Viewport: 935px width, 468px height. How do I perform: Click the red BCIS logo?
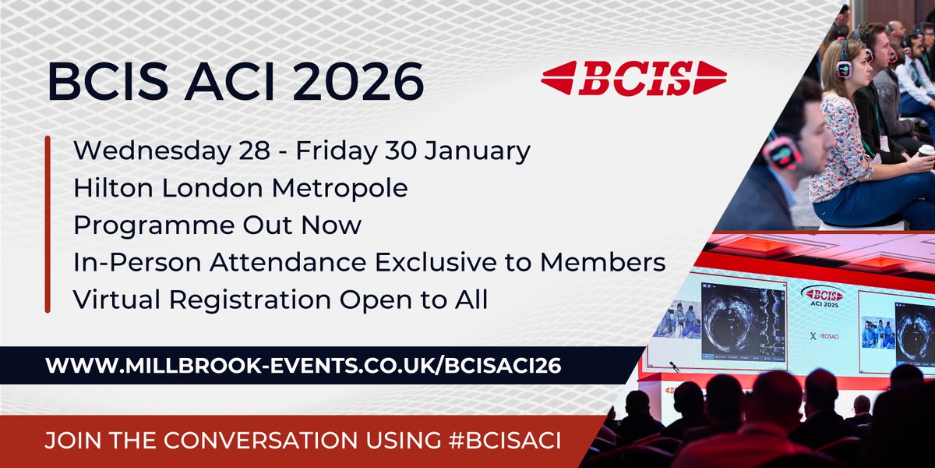click(x=633, y=78)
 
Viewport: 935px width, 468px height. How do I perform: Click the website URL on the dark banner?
click(x=303, y=366)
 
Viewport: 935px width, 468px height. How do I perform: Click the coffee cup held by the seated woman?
click(x=926, y=151)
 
